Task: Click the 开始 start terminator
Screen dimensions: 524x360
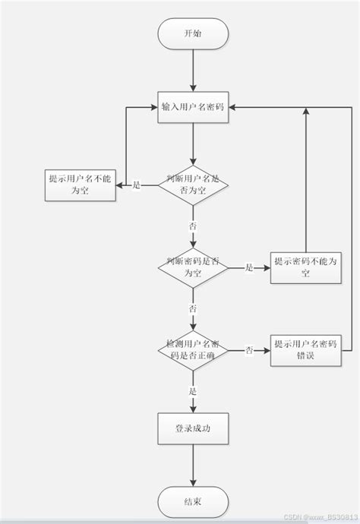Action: click(193, 34)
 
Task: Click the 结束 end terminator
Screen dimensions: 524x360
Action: click(193, 502)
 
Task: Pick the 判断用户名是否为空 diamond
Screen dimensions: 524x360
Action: click(193, 185)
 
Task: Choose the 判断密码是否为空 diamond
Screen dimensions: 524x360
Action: click(193, 267)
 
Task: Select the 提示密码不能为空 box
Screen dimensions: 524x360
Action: click(305, 267)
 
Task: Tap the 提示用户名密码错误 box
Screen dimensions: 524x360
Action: click(305, 349)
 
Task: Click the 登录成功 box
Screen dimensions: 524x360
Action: click(193, 430)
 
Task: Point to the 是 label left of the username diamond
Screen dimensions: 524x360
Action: click(137, 185)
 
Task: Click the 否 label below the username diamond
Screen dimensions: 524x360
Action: click(193, 226)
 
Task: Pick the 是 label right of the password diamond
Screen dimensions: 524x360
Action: click(248, 267)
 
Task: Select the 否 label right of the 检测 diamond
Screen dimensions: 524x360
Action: click(248, 349)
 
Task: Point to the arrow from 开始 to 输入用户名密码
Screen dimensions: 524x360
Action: click(193, 72)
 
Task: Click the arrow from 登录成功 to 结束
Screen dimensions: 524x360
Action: click(193, 466)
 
